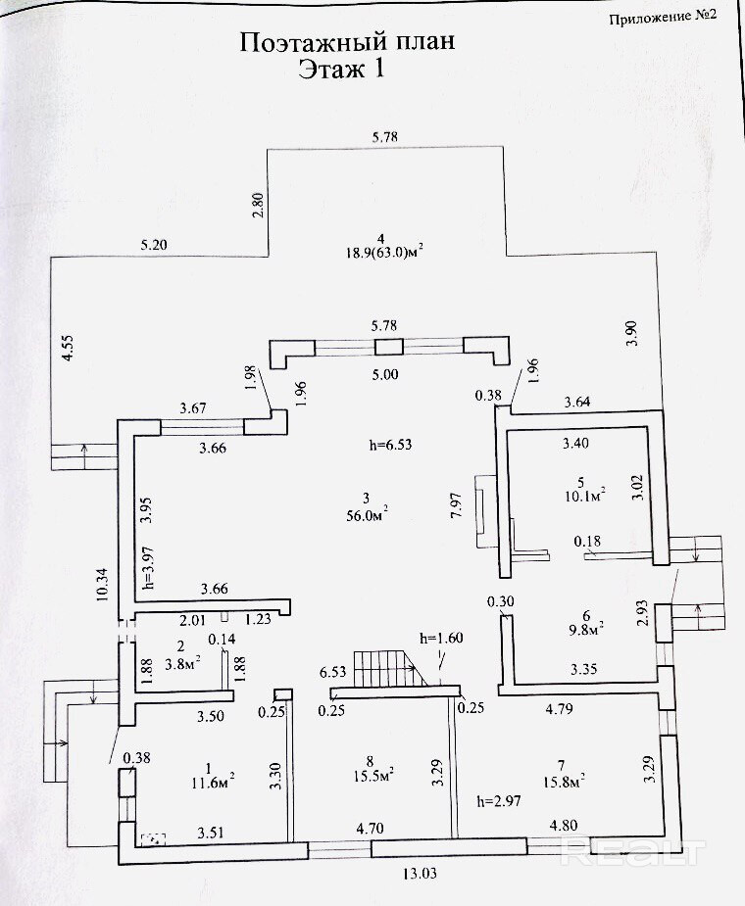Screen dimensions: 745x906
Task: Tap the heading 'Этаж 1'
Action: [x=341, y=70]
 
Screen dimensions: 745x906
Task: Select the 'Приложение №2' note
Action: [x=663, y=17]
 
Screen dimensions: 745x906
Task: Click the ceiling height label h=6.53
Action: [x=390, y=445]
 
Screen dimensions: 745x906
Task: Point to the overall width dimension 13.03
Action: [x=421, y=873]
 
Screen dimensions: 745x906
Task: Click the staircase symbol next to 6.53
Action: [x=386, y=669]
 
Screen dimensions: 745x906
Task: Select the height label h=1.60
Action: [x=442, y=638]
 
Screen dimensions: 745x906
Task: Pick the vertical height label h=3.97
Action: [x=150, y=568]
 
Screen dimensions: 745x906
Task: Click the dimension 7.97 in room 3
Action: [x=456, y=505]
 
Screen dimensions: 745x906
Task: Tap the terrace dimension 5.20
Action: [x=154, y=245]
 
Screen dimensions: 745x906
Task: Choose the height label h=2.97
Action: [x=499, y=801]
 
